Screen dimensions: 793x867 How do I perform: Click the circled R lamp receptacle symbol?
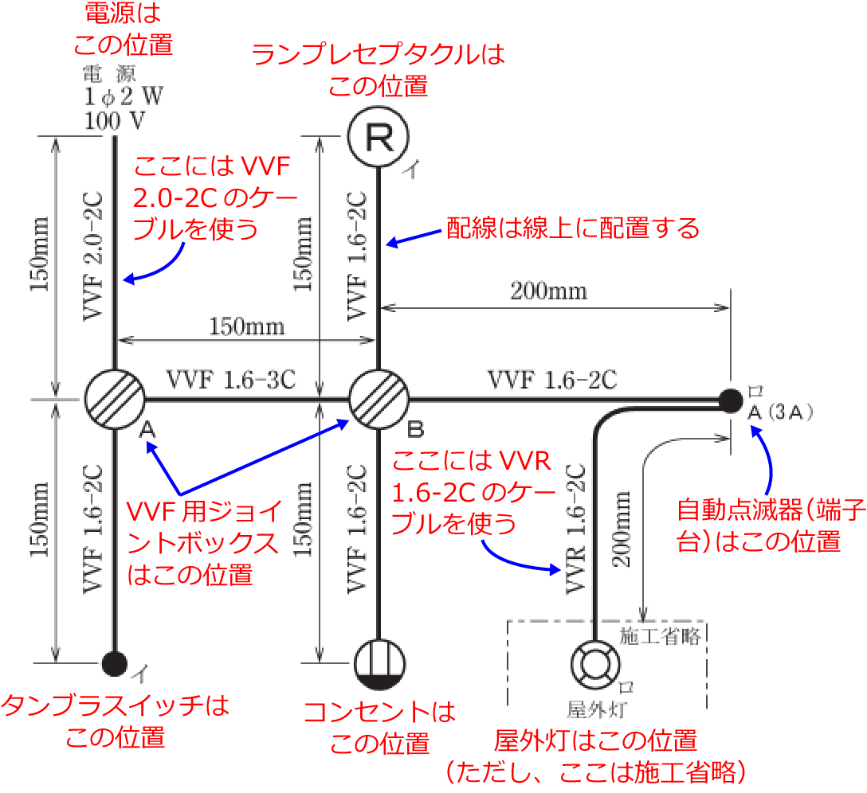(x=379, y=138)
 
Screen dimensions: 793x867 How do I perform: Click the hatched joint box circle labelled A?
(x=114, y=399)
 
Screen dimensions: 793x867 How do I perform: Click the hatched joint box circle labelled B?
(x=379, y=399)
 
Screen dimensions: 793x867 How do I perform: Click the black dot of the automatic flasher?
(x=729, y=399)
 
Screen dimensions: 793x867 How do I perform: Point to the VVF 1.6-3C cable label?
(x=231, y=380)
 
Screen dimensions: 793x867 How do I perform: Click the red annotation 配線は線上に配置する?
(x=572, y=228)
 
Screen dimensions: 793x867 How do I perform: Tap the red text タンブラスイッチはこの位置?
(x=116, y=721)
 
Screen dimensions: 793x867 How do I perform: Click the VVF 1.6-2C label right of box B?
(x=551, y=380)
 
